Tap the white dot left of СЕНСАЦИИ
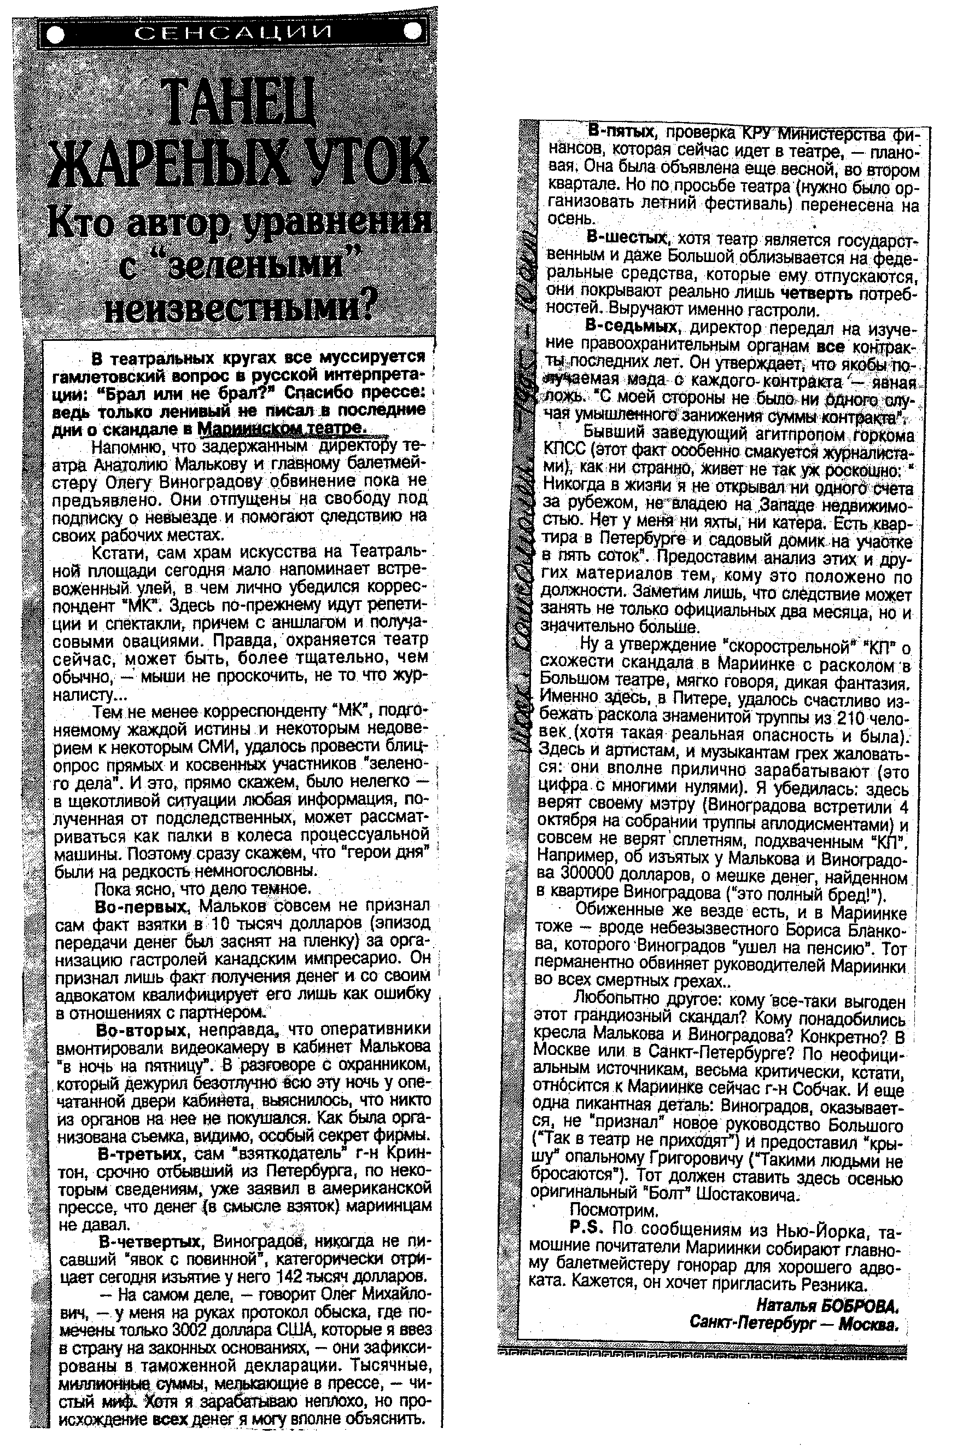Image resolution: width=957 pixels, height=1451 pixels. [56, 36]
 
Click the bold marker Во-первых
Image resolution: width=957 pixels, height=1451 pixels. [140, 904]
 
